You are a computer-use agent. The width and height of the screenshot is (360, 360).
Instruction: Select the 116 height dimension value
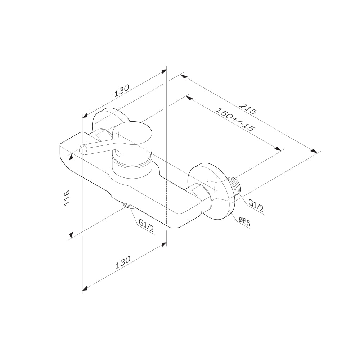click(67, 198)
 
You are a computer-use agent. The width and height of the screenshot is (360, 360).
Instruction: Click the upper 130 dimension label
click(122, 91)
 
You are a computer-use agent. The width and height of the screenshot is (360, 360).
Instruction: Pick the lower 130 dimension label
click(123, 262)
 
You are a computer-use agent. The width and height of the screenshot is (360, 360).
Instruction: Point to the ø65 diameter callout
click(244, 222)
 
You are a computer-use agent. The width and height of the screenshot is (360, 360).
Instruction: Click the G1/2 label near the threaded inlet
click(256, 206)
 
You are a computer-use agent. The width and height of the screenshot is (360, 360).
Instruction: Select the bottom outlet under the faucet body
click(129, 206)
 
